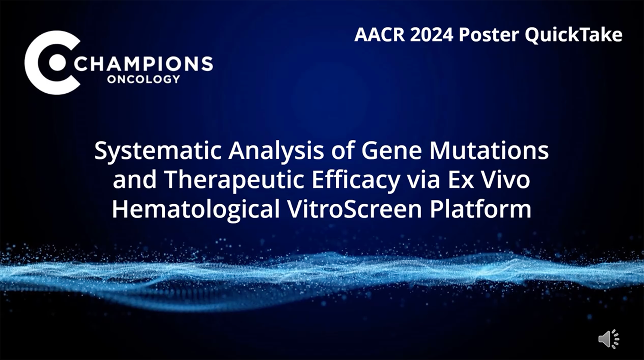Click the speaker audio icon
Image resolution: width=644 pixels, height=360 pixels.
(x=609, y=339)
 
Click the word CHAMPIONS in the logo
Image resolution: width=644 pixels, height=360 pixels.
(x=143, y=64)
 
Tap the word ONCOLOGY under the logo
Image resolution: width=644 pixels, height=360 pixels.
(x=143, y=79)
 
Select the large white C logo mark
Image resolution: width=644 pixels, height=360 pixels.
(x=52, y=62)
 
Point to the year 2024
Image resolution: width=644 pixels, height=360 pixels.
(x=431, y=35)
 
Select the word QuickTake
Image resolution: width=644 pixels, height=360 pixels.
(x=573, y=35)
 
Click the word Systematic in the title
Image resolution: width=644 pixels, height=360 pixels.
(x=158, y=152)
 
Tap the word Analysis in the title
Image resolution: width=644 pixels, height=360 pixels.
(x=276, y=152)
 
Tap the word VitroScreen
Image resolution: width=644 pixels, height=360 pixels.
(x=355, y=209)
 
